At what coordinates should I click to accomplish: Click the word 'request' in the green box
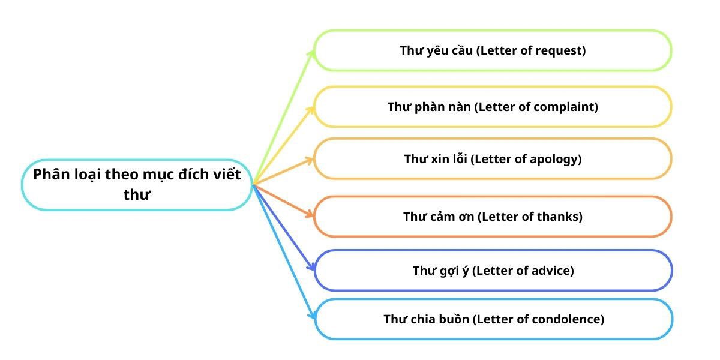558,51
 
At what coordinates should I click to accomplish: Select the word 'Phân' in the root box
52,175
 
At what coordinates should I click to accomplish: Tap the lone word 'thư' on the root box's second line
137,195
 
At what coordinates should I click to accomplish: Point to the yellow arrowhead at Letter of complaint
310,110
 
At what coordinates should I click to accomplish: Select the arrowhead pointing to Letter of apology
309,161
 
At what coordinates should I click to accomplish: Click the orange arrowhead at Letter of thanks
309,214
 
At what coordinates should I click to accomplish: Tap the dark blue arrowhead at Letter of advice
311,266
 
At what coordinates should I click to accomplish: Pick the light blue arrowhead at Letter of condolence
312,316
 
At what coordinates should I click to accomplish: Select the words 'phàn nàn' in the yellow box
443,107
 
